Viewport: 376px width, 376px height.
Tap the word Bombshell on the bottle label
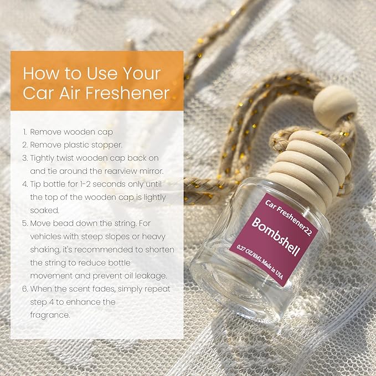276,236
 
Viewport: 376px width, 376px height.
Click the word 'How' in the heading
40,73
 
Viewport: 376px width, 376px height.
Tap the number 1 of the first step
24,132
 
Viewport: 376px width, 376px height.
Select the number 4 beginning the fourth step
24,184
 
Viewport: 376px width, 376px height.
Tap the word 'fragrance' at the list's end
50,315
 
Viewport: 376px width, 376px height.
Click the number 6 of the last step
25,289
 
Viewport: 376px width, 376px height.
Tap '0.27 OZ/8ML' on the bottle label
248,254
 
